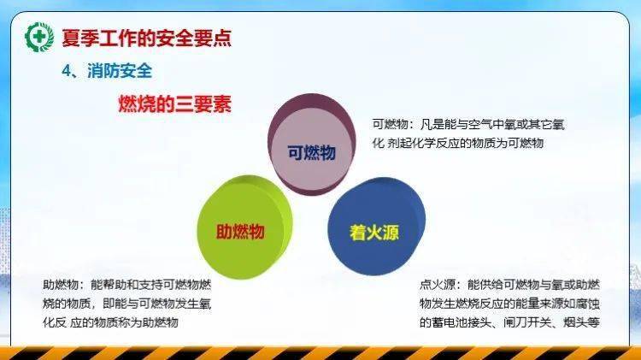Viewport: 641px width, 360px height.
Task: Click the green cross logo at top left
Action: (x=39, y=37)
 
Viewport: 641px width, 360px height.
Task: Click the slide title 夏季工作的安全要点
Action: (x=145, y=38)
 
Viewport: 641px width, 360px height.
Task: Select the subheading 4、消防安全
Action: (x=107, y=72)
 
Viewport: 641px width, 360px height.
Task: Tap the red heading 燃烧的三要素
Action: (x=174, y=105)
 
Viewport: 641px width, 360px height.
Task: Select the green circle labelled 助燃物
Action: (x=240, y=231)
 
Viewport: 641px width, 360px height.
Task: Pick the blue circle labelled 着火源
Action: (x=374, y=232)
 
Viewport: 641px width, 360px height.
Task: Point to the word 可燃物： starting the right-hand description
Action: (x=393, y=125)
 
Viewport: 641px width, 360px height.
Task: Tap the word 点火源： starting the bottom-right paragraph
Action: (x=441, y=285)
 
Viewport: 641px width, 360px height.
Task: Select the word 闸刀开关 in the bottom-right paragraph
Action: (x=526, y=322)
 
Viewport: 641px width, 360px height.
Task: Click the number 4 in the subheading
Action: (x=66, y=72)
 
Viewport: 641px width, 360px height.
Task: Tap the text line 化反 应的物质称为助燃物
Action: (x=110, y=322)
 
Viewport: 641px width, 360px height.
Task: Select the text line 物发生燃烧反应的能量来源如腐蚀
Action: (x=509, y=304)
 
